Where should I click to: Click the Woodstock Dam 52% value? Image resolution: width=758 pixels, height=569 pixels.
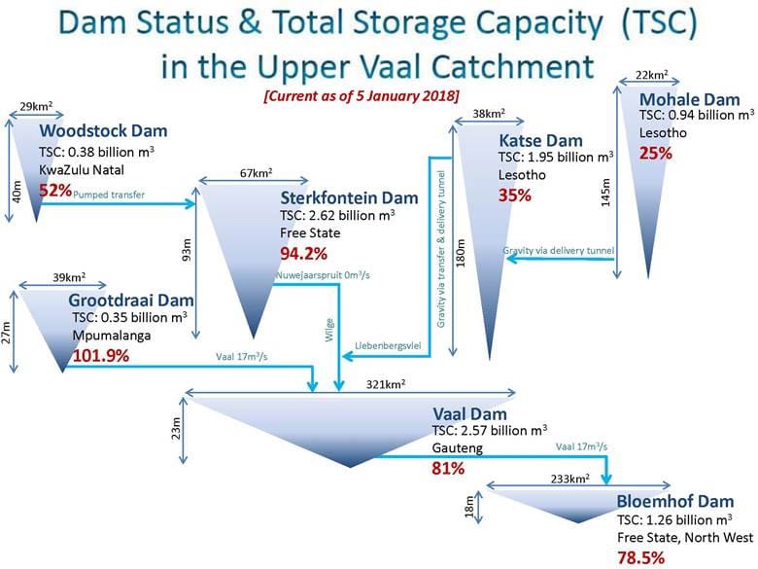point(55,190)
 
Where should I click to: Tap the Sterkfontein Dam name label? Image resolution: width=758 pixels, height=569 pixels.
point(349,197)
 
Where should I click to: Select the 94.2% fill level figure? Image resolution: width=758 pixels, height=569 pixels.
point(303,253)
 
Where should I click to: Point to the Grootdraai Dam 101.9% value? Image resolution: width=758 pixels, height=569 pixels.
point(101,356)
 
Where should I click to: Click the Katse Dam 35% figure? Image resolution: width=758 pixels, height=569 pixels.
point(515,196)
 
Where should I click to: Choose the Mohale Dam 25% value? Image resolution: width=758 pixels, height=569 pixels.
point(656,154)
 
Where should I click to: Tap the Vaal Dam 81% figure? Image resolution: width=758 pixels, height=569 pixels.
point(448,469)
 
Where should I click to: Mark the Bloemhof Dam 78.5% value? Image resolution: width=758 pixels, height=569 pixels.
point(640,558)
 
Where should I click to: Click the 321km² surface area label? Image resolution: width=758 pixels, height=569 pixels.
point(385,384)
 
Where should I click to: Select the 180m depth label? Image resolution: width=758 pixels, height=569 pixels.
point(461,253)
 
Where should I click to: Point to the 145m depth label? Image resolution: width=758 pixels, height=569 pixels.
point(605,193)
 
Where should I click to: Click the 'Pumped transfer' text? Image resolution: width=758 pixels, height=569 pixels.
point(109,195)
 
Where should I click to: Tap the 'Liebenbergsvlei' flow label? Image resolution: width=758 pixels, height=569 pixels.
point(388,345)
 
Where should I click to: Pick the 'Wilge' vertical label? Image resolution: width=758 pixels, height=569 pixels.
point(329,330)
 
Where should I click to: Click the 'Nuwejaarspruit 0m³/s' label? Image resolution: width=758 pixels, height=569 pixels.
point(323,275)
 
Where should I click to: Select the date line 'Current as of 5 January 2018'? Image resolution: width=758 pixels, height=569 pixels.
point(362,95)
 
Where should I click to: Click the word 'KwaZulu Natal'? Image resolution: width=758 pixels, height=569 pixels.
point(82,170)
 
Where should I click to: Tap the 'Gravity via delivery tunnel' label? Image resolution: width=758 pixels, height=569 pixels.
point(559,251)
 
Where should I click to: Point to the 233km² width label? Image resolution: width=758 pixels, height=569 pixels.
point(569,479)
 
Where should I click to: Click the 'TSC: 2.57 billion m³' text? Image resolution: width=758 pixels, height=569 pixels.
point(490,430)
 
